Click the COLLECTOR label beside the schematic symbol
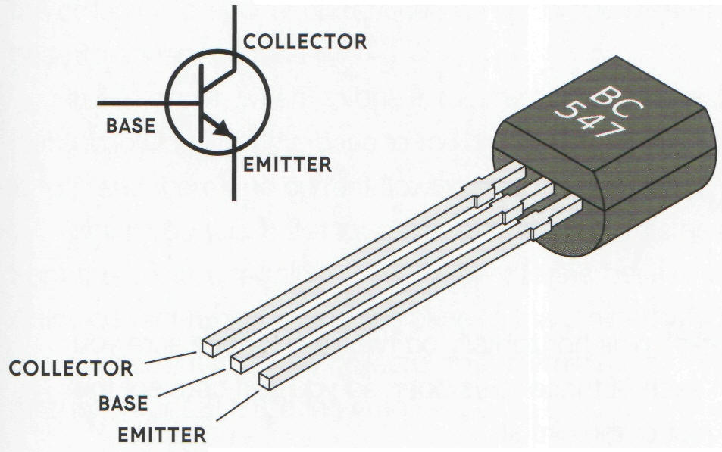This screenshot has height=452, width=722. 305,41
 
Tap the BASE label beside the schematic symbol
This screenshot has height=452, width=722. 130,126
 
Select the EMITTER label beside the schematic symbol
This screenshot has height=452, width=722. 288,163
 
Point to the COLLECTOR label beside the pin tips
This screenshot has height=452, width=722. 71,369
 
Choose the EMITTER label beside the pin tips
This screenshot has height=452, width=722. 161,435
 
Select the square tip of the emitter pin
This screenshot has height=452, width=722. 267,380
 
